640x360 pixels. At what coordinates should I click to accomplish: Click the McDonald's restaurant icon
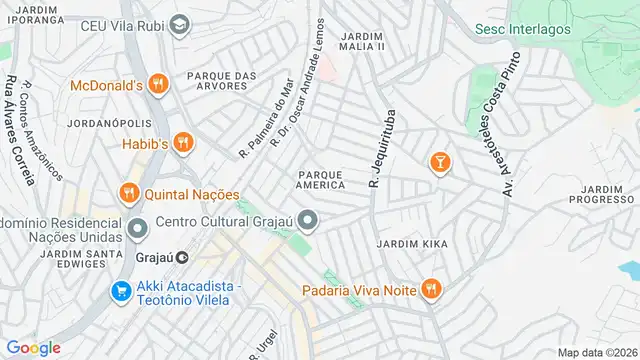pyautogui.click(x=157, y=86)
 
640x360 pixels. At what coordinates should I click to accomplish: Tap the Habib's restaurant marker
pyautogui.click(x=181, y=142)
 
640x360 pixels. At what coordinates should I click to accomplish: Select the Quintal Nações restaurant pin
pyautogui.click(x=129, y=193)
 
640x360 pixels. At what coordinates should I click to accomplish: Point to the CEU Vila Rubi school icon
pyautogui.click(x=179, y=25)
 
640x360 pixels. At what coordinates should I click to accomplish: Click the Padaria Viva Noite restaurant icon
pyautogui.click(x=429, y=290)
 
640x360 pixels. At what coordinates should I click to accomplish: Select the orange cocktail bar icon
pyautogui.click(x=439, y=161)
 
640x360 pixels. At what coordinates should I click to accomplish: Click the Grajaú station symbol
pyautogui.click(x=182, y=257)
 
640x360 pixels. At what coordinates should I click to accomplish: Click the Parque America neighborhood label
pyautogui.click(x=321, y=179)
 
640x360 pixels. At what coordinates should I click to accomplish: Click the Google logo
pyautogui.click(x=33, y=347)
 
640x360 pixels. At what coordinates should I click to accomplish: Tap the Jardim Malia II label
pyautogui.click(x=361, y=41)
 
